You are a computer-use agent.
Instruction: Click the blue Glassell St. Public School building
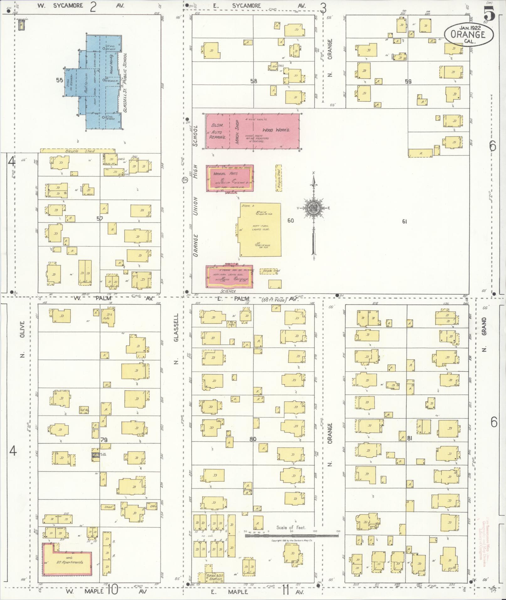(x=94, y=82)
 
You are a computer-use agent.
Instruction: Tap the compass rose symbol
(x=313, y=208)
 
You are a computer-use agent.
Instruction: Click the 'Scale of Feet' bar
(x=291, y=536)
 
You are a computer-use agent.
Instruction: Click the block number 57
(x=99, y=219)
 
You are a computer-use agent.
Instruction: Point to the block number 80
(x=253, y=439)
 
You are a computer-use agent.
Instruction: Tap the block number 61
(x=404, y=221)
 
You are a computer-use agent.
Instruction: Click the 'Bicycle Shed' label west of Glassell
(x=80, y=151)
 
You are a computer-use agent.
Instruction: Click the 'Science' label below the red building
(x=228, y=291)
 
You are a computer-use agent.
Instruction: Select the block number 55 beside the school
(x=59, y=80)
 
